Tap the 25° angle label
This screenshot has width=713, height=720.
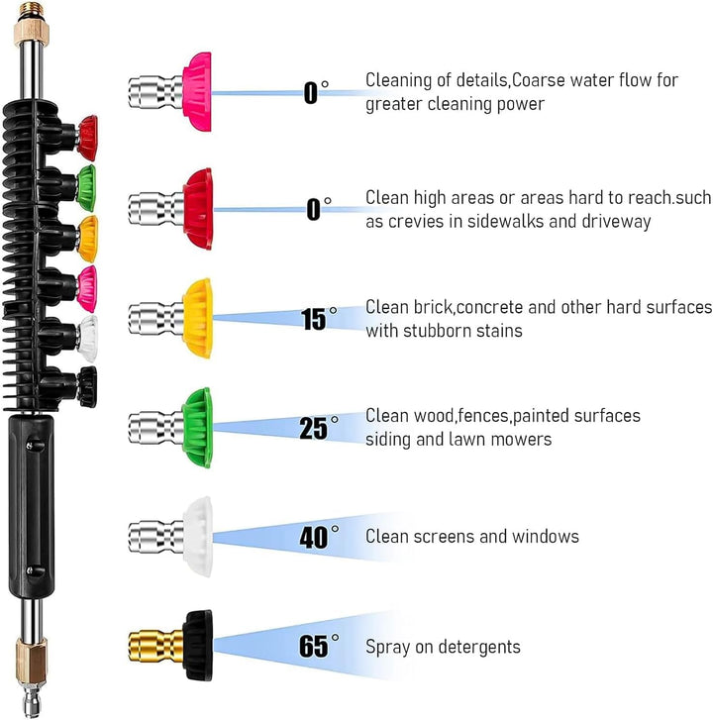[319, 428]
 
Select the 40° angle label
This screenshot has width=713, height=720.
[319, 537]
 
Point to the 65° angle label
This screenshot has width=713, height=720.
[319, 645]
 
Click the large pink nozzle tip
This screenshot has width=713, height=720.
[197, 92]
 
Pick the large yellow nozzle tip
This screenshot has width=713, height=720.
[198, 318]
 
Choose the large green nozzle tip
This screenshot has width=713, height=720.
[197, 428]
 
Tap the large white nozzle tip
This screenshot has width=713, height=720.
[198, 537]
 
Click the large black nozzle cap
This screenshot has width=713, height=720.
[198, 645]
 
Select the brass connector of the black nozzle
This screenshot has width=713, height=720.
[156, 646]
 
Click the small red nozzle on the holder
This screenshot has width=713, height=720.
[87, 138]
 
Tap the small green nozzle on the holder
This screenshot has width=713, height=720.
[87, 188]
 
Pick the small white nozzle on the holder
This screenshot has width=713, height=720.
[88, 339]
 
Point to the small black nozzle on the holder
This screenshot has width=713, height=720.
[87, 387]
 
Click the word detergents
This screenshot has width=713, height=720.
[479, 647]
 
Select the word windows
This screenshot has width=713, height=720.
[546, 537]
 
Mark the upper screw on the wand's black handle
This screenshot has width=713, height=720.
[31, 446]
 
